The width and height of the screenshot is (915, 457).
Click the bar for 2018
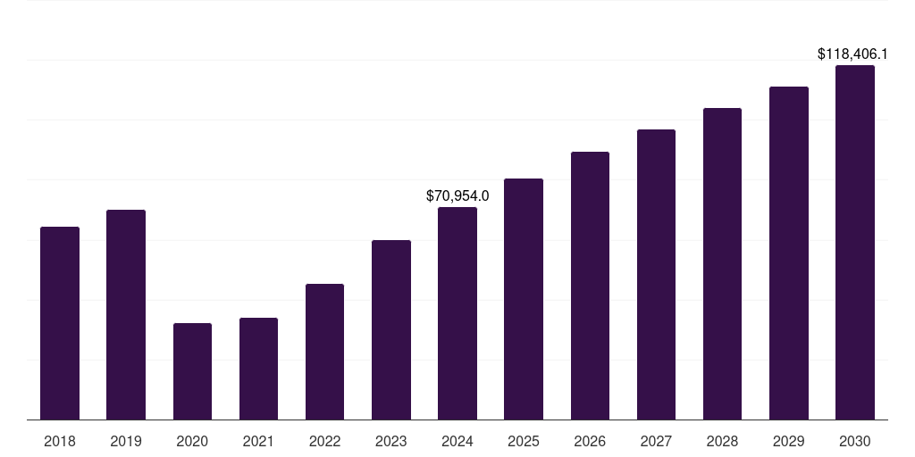[x=60, y=323]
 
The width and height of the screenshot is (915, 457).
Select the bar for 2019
[x=126, y=314]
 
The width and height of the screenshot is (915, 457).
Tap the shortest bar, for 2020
[x=192, y=371]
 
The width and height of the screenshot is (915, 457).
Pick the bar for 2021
[x=258, y=369]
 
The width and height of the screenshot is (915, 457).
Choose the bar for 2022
[x=324, y=352]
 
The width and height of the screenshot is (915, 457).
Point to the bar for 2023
[x=391, y=329]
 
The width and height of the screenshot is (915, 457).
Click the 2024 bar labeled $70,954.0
[x=457, y=313]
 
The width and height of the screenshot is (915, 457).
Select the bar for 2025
[x=524, y=299]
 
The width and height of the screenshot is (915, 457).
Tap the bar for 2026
[x=590, y=286]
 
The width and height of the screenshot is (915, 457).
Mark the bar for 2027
[x=656, y=274]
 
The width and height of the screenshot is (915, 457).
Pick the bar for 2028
[x=722, y=263]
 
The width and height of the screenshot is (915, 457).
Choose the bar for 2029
[x=789, y=253]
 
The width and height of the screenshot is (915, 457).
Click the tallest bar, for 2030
[x=855, y=242]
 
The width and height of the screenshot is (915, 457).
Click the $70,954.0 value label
[x=457, y=195]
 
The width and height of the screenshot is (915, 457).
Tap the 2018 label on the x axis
[x=60, y=441]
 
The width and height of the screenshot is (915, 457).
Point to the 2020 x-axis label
[x=192, y=441]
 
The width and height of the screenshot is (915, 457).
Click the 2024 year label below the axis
[x=457, y=441]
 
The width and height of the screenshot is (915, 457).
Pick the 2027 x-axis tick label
[x=656, y=441]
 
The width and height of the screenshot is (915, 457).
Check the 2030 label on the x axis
[x=855, y=441]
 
